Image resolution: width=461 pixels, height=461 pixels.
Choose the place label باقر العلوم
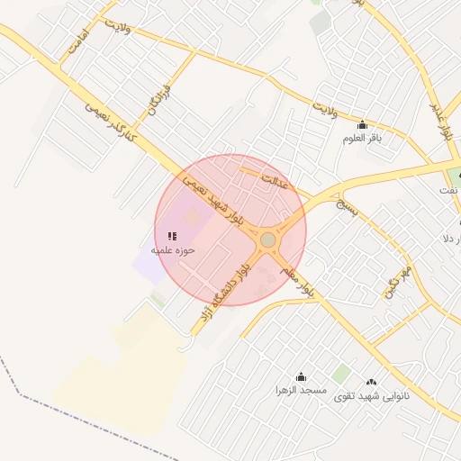tap(363, 139)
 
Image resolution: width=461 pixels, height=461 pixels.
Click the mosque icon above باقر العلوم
tap(363, 124)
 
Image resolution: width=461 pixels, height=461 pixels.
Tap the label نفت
tap(448, 190)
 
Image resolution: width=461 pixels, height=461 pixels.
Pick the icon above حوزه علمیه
tap(173, 235)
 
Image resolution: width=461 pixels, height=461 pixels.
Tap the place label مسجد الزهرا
tap(301, 392)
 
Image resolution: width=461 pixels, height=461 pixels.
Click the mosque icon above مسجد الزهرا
tap(301, 377)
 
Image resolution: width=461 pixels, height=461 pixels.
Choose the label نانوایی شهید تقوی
tap(372, 396)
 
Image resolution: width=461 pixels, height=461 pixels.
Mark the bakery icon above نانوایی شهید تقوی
tap(372, 382)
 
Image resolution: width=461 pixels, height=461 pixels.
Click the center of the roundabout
tap(267, 240)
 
